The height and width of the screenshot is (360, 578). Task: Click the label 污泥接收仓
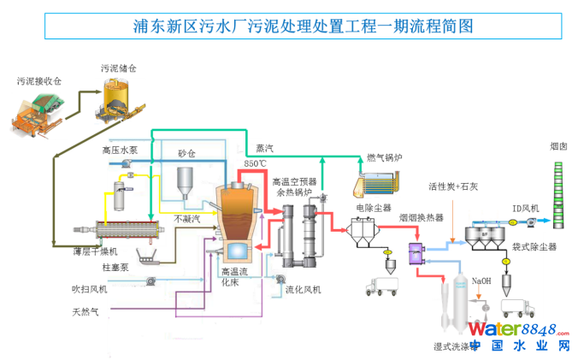click(39, 80)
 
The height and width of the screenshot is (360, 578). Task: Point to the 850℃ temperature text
click(256, 162)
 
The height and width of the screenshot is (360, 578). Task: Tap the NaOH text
click(481, 280)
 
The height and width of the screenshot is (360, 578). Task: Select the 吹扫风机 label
click(90, 289)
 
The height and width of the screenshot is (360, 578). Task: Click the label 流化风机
click(304, 290)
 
